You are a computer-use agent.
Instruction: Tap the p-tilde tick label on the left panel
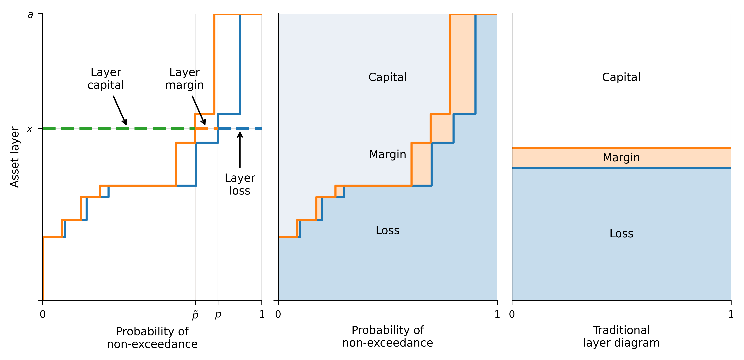point(195,315)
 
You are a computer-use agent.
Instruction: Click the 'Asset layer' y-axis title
point(14,157)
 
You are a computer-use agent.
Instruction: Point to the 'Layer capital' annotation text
point(106,79)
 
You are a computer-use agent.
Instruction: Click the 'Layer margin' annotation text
point(185,79)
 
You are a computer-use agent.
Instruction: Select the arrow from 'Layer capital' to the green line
point(120,110)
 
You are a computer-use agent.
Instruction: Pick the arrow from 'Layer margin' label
point(199,110)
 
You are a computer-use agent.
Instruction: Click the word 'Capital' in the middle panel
point(388,77)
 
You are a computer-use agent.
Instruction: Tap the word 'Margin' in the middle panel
point(388,155)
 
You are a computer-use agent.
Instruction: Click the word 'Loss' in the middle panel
point(388,230)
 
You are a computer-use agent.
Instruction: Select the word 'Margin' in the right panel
point(621,158)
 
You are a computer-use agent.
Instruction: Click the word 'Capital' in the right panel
point(621,77)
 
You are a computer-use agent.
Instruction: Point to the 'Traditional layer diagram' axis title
point(621,336)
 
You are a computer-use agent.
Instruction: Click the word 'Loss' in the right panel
point(621,234)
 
